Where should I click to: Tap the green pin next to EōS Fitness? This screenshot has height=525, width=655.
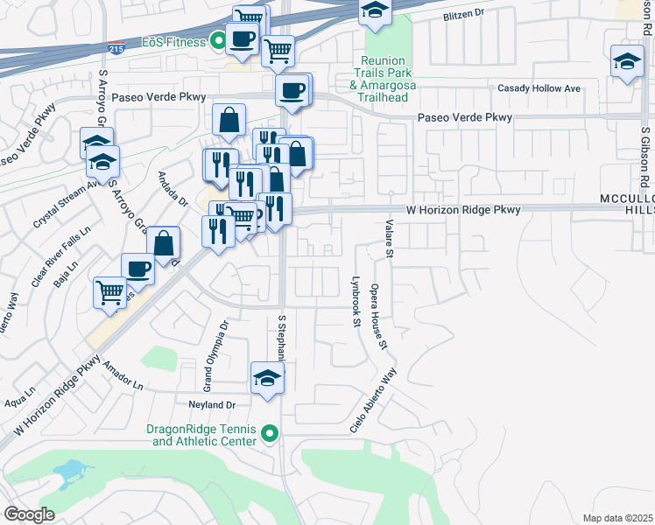click(217, 41)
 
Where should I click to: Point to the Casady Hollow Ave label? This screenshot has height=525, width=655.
click(539, 89)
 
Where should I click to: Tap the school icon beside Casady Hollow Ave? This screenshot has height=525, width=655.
click(626, 63)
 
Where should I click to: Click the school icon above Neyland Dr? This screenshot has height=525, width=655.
click(267, 378)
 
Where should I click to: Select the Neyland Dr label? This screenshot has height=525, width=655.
click(213, 404)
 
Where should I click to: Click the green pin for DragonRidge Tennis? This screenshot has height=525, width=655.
click(271, 433)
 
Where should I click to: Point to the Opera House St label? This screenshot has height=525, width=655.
click(377, 316)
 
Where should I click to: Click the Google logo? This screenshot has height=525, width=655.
click(29, 514)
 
